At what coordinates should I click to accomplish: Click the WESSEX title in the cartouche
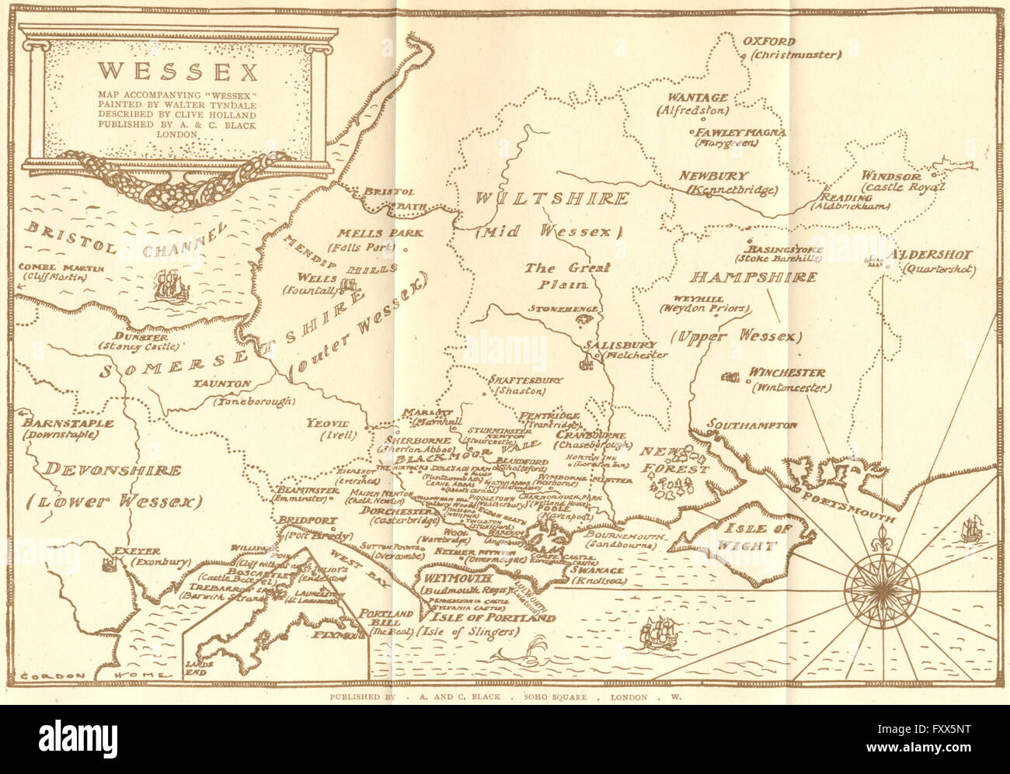click(178, 71)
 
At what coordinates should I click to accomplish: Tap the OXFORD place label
click(768, 42)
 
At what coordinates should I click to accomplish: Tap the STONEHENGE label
click(562, 309)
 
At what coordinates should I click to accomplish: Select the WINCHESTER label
click(786, 373)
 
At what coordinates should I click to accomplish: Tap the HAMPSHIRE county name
click(754, 278)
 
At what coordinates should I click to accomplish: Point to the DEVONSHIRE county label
click(113, 470)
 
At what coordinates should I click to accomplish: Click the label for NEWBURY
click(712, 176)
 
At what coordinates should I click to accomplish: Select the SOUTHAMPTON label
click(751, 425)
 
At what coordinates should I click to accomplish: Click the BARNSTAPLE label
click(68, 424)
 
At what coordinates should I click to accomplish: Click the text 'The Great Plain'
click(566, 276)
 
